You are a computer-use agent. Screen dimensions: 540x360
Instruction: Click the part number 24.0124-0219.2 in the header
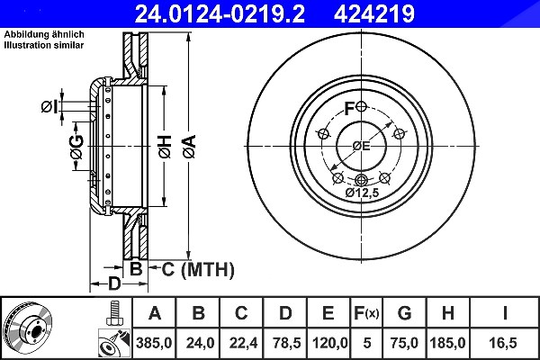220,13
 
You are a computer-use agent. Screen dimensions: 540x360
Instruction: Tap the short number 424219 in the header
374,13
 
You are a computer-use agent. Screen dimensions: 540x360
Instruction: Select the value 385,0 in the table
154,343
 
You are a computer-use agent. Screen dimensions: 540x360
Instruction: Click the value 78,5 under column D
286,343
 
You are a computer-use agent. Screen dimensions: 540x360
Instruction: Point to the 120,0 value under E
330,343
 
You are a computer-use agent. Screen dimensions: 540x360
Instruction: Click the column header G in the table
404,313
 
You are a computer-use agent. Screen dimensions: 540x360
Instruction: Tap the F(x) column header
366,313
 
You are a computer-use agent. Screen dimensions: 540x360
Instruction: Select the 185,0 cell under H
447,343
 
